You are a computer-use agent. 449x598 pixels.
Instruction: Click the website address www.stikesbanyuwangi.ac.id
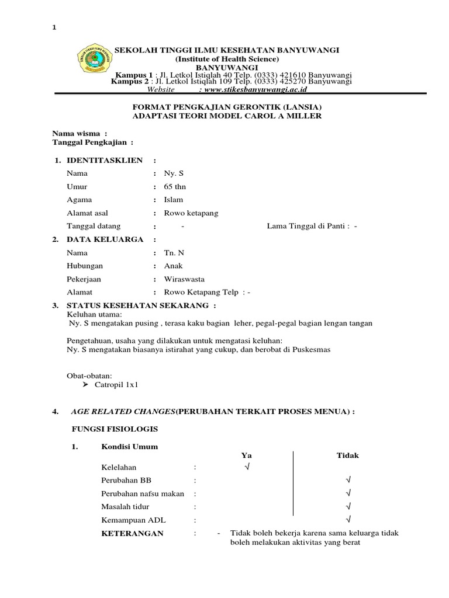coord(252,90)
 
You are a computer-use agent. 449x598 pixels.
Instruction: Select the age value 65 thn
coord(174,186)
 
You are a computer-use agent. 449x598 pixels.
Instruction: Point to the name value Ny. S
coord(174,173)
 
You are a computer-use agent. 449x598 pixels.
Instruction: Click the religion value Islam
coord(174,200)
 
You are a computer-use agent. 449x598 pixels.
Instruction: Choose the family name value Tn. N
coord(174,253)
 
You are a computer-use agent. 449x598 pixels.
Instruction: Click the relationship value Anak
coord(174,266)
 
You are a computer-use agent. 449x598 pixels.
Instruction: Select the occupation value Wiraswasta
coord(184,279)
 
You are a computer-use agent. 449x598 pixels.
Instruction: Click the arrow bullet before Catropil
coord(85,385)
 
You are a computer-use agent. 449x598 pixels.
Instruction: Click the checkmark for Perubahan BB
coord(348,480)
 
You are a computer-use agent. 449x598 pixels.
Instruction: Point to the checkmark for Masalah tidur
coord(348,506)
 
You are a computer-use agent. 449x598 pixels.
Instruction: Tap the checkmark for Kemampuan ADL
coord(348,519)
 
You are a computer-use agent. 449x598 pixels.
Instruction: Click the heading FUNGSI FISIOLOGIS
coord(115,429)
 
